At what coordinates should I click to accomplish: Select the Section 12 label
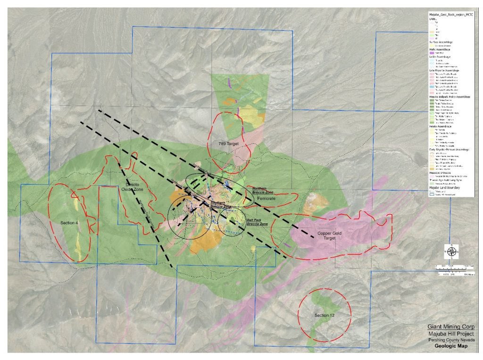point(324,315)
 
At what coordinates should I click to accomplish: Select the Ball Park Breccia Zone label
point(257,222)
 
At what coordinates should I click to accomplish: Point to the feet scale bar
point(454,267)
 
